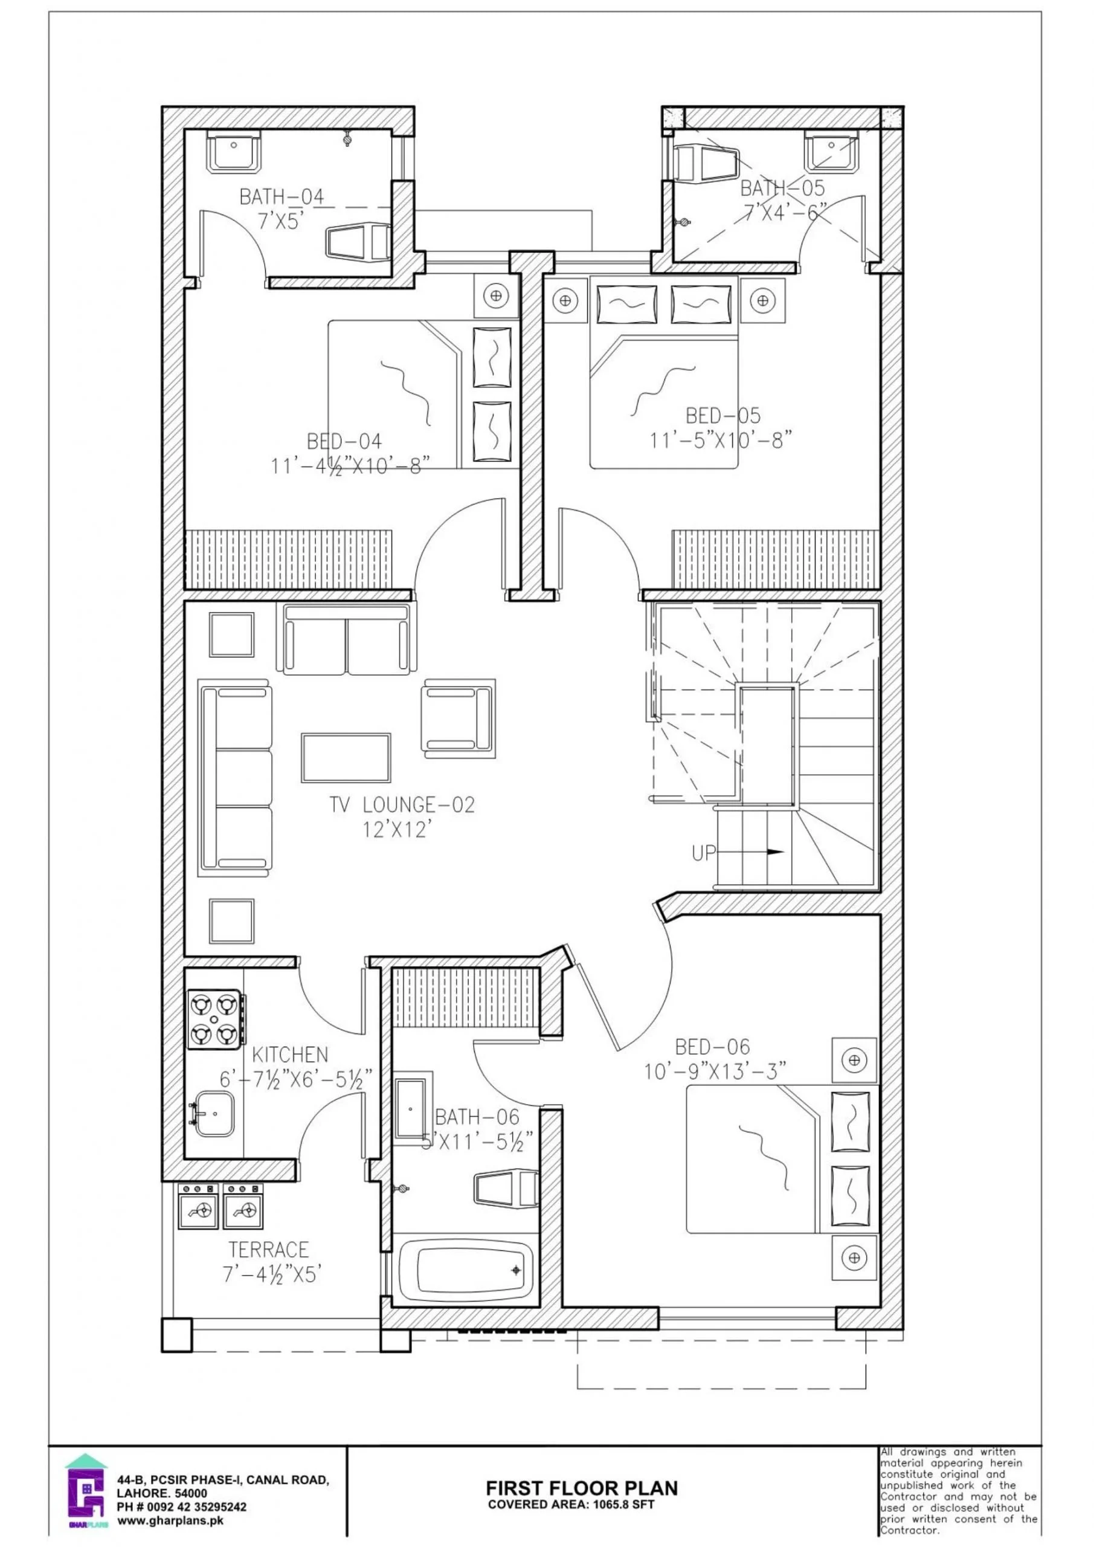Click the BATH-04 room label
(282, 197)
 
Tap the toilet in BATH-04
(358, 241)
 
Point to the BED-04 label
(344, 441)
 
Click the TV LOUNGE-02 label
(402, 804)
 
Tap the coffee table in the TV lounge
(346, 757)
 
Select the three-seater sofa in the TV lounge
(235, 778)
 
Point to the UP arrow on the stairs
(768, 852)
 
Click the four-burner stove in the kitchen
(214, 1019)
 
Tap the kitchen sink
(214, 1113)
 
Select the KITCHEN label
(290, 1054)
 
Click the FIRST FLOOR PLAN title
(582, 1488)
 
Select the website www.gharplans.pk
(170, 1520)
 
